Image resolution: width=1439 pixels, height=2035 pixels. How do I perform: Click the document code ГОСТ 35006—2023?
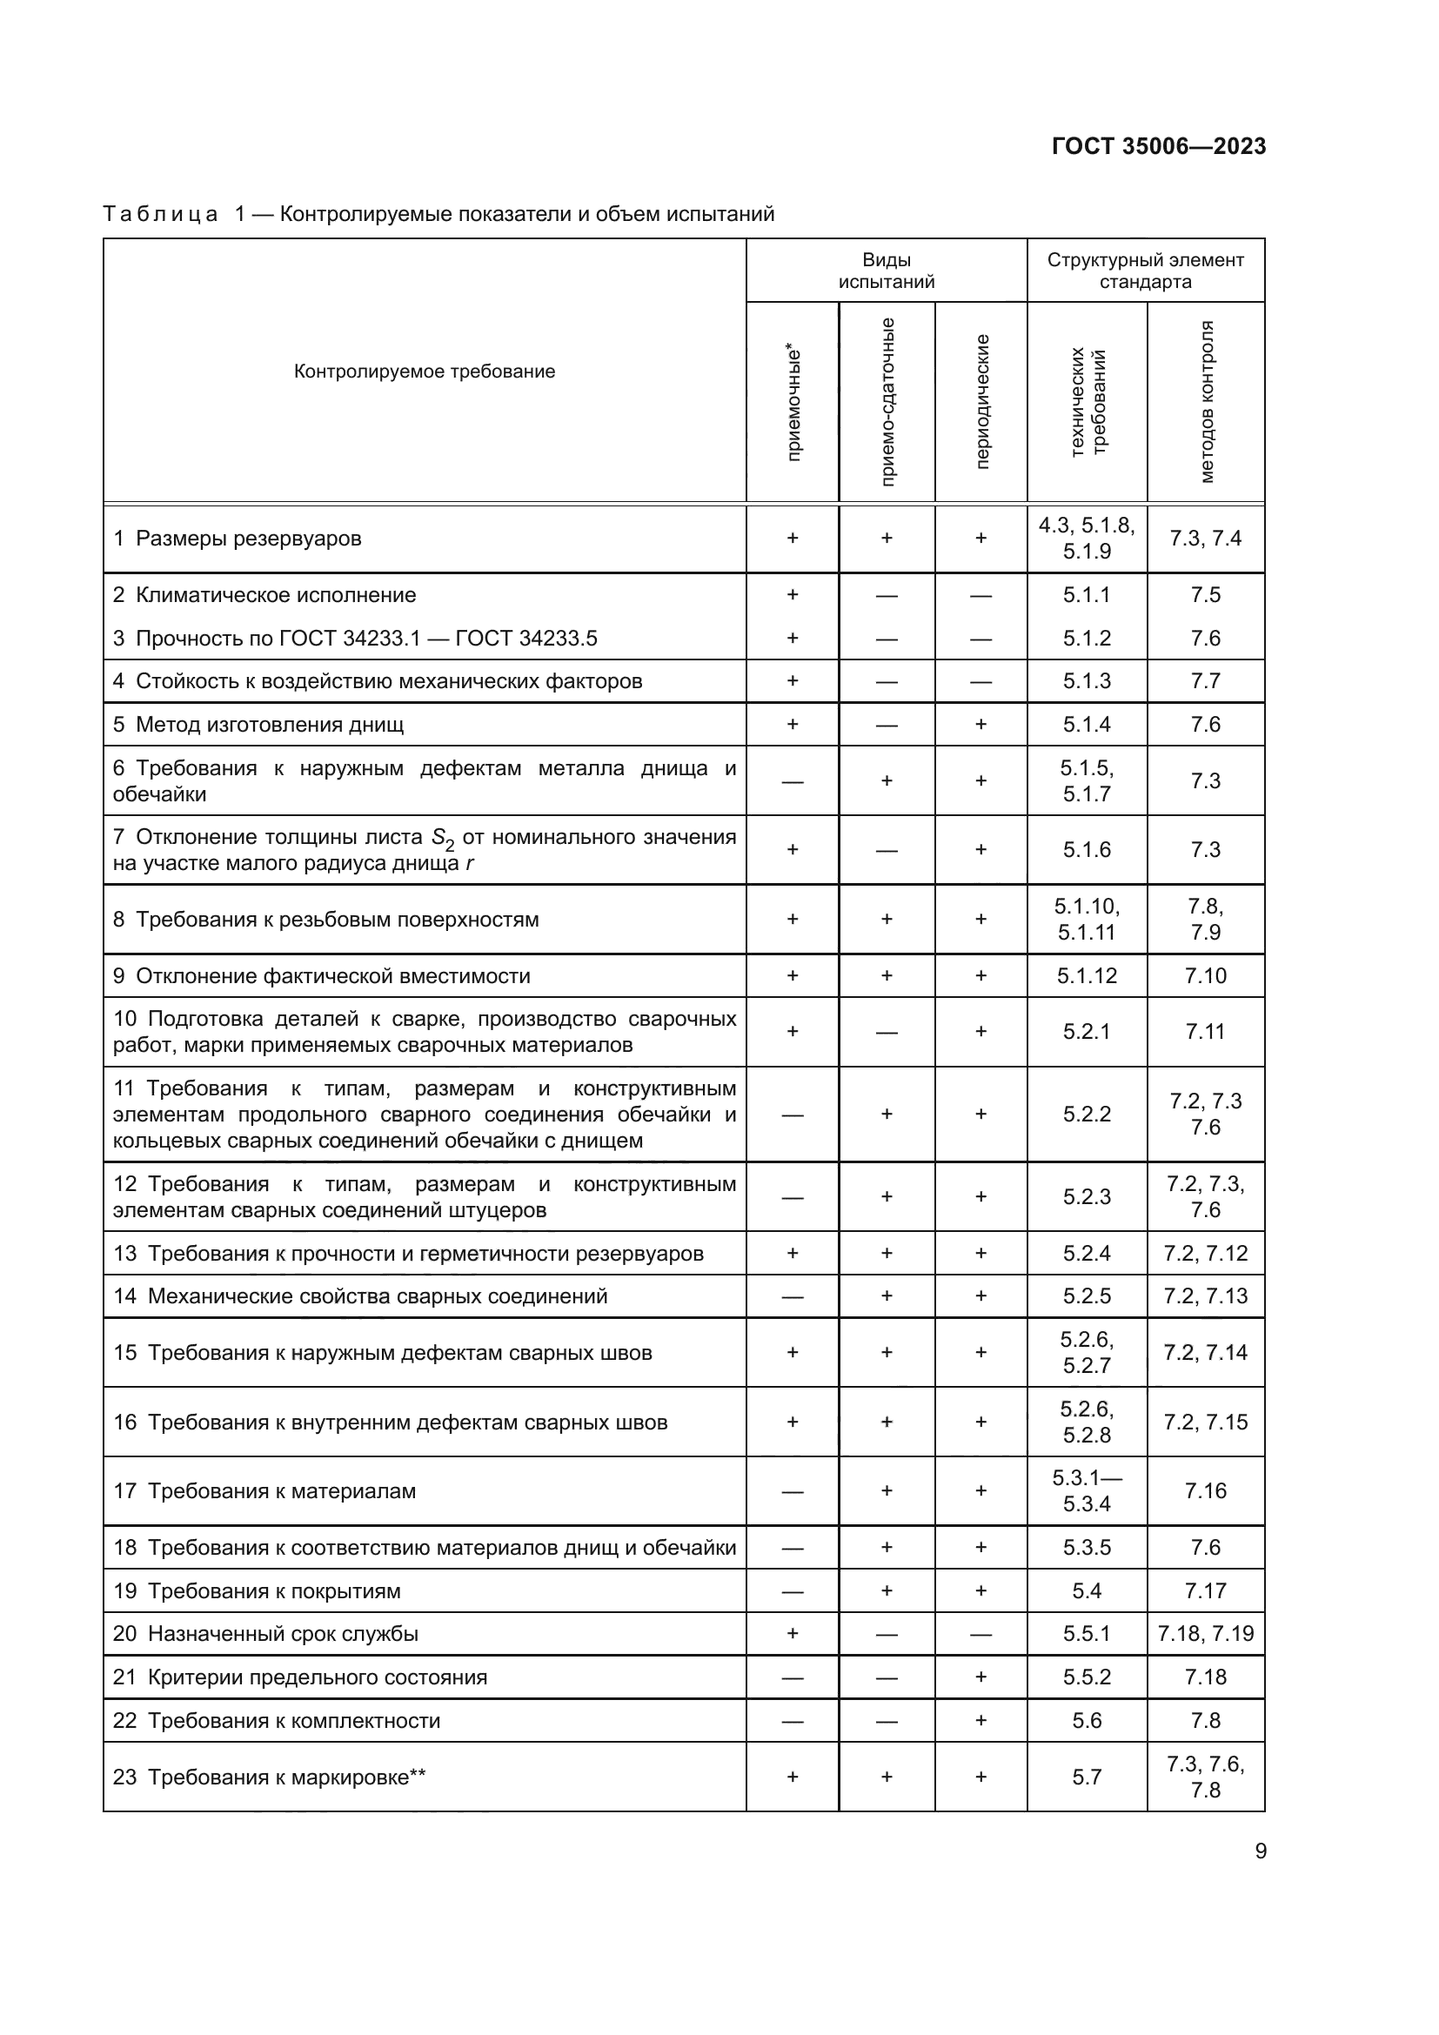click(x=1158, y=146)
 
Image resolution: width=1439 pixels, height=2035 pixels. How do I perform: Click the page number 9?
click(x=1260, y=1851)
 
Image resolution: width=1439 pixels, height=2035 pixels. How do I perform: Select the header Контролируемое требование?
click(x=425, y=372)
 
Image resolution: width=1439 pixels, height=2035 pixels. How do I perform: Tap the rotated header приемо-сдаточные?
click(x=887, y=401)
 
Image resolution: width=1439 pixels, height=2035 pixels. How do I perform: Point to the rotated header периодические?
click(x=981, y=401)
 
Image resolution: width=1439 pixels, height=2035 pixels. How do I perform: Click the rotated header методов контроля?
click(x=1206, y=401)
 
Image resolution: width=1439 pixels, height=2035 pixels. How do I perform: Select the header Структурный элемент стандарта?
click(x=1145, y=271)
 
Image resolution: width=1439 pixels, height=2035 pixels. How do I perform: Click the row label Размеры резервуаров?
click(x=248, y=539)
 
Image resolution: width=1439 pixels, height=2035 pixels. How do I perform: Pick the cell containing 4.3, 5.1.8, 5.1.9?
click(x=1087, y=538)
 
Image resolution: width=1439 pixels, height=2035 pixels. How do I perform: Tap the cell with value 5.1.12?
click(x=1087, y=976)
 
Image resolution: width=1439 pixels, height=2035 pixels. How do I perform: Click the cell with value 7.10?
click(x=1205, y=976)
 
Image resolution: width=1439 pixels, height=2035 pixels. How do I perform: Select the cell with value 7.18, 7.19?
click(x=1205, y=1634)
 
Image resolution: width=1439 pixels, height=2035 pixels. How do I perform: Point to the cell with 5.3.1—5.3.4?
click(x=1087, y=1491)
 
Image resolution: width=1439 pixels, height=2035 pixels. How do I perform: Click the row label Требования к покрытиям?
click(x=274, y=1591)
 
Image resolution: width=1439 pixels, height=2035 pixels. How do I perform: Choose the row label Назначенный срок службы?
click(x=283, y=1634)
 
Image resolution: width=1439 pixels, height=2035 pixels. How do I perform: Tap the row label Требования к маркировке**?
click(x=286, y=1777)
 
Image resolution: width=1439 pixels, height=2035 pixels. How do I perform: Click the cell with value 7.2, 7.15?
click(x=1205, y=1422)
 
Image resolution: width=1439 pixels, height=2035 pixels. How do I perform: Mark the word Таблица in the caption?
click(x=160, y=215)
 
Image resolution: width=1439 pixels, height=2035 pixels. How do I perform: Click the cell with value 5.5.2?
click(x=1087, y=1677)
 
